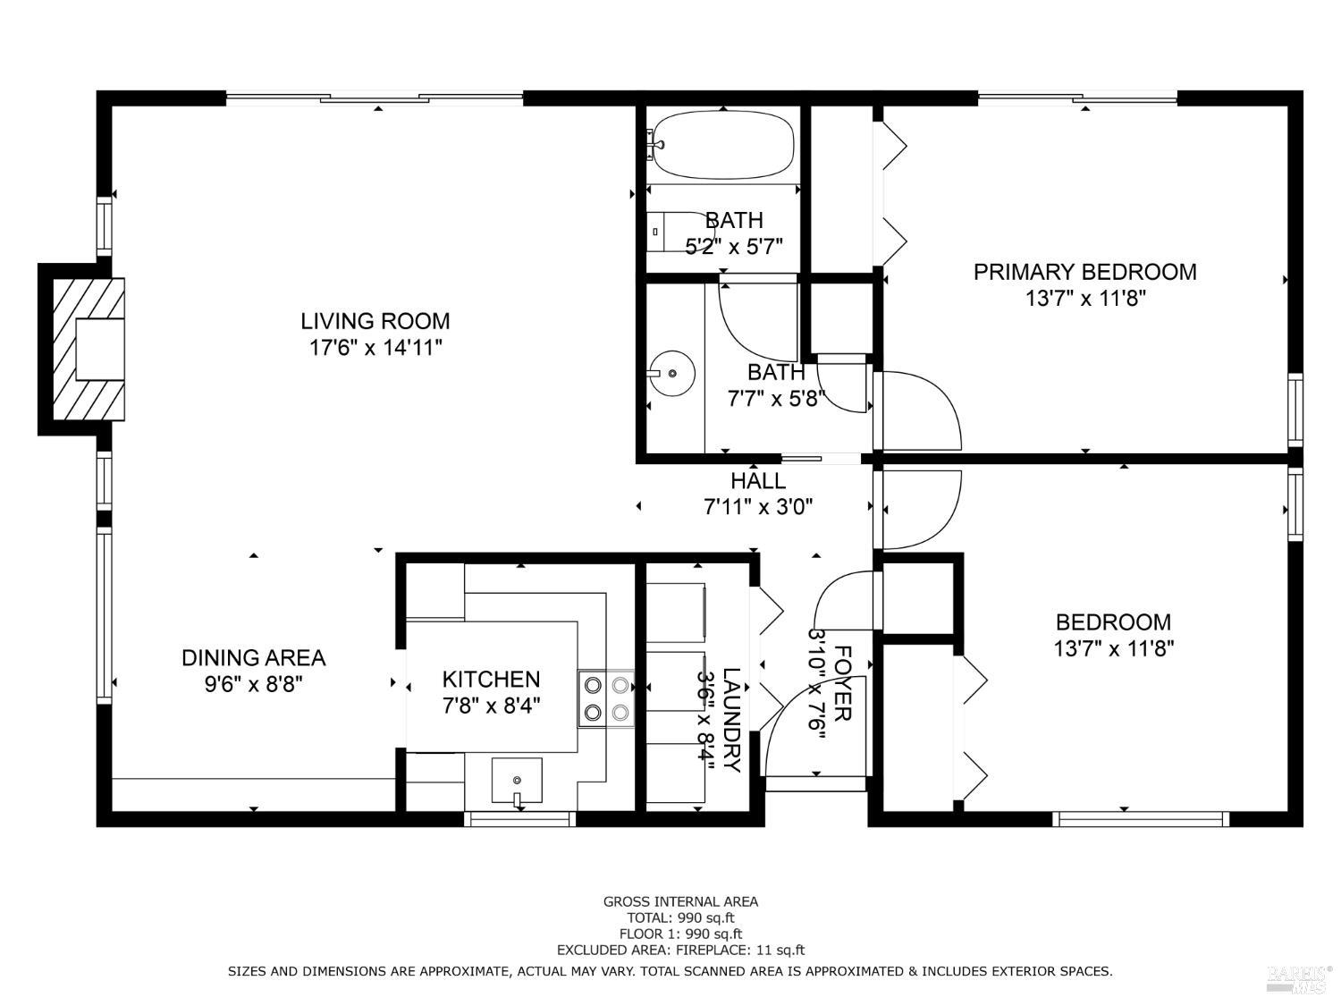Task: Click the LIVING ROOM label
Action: coord(375,321)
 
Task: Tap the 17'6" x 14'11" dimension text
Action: coord(375,348)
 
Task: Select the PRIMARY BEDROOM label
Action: coord(1085,272)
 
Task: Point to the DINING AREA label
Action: coord(254,658)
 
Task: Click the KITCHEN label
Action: coord(491,680)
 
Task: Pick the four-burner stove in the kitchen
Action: coord(606,698)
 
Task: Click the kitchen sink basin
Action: coord(517,781)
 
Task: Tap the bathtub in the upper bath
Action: coord(722,145)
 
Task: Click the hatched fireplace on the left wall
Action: coord(89,349)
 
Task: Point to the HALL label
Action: coord(758,481)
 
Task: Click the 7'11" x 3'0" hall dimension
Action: coord(758,507)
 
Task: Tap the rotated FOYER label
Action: coord(842,683)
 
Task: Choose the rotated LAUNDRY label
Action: coord(731,720)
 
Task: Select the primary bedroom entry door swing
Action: coord(918,411)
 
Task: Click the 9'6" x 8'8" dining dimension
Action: coord(254,684)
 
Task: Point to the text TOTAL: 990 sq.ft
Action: coord(680,917)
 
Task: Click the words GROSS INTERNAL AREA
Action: coord(680,901)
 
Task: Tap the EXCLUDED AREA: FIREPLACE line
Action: coord(680,950)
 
